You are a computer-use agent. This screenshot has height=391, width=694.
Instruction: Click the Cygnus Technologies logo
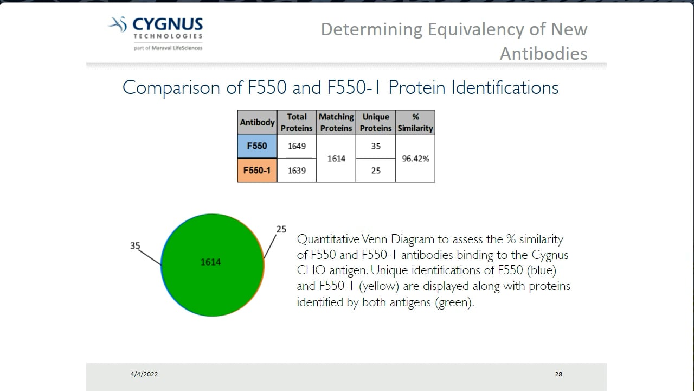click(x=156, y=33)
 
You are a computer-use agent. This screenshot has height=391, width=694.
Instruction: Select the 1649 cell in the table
click(x=297, y=146)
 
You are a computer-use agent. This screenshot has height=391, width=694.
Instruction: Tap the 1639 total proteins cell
click(x=297, y=171)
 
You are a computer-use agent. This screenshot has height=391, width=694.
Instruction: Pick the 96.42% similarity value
click(x=415, y=159)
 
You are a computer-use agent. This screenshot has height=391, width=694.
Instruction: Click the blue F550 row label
click(x=257, y=146)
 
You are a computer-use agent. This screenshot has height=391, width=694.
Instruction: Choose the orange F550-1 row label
click(x=257, y=171)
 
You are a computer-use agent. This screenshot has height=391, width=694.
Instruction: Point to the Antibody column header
click(x=257, y=122)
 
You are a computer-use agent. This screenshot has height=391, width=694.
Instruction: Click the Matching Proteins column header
click(x=336, y=122)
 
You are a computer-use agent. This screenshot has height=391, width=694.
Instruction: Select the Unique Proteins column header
click(x=376, y=122)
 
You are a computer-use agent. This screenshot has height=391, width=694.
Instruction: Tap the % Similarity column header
click(x=415, y=122)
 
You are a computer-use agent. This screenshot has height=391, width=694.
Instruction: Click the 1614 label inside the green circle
click(x=210, y=262)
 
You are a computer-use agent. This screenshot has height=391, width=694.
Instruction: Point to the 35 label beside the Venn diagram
click(x=135, y=245)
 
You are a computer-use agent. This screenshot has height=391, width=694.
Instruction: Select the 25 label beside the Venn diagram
click(x=281, y=229)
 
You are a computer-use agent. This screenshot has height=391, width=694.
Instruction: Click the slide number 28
click(x=558, y=374)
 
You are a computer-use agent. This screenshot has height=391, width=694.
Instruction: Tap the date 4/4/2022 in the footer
click(x=144, y=374)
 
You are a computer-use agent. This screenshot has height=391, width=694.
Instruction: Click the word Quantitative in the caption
click(x=327, y=239)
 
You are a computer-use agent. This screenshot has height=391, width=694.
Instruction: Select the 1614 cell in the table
click(x=336, y=159)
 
